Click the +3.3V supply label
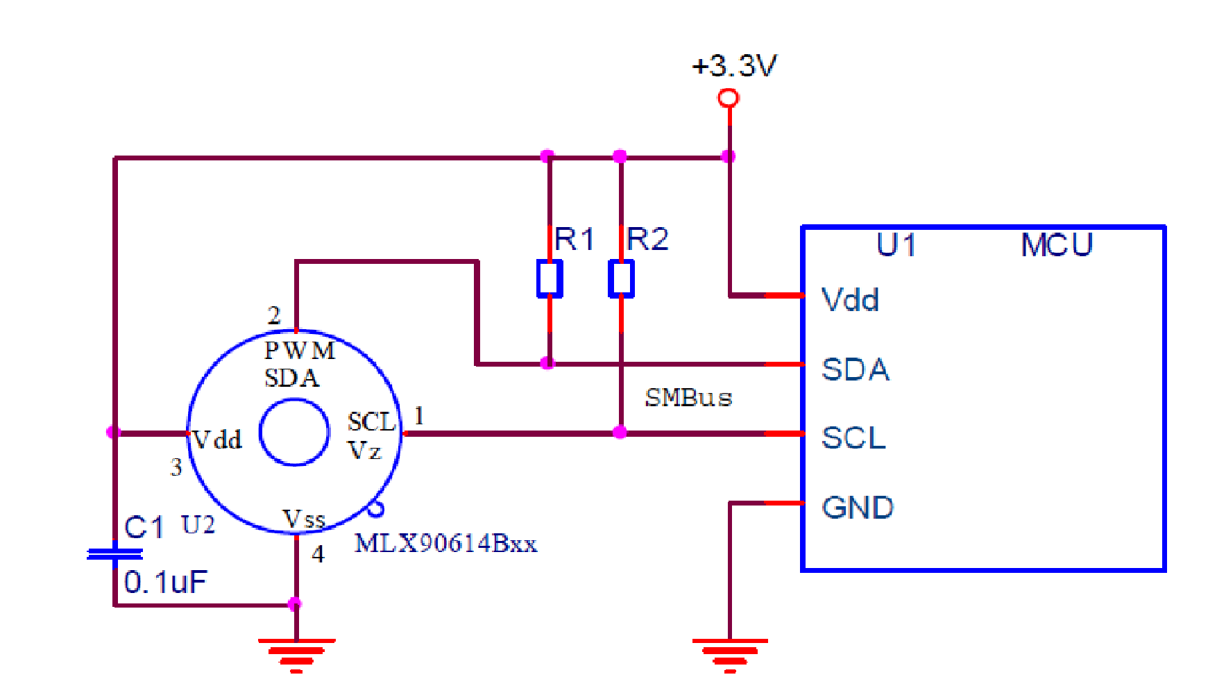[x=734, y=66]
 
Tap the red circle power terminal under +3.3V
[x=729, y=98]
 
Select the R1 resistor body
[x=550, y=278]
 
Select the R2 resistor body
[x=621, y=278]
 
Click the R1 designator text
[x=575, y=240]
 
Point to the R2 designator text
[x=647, y=240]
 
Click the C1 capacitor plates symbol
[x=115, y=554]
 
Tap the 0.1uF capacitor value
[x=166, y=582]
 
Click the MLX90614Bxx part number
[x=446, y=543]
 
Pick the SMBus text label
[x=689, y=398]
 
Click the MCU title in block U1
[x=1057, y=245]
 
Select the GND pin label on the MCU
[x=858, y=508]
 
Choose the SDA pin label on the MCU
[x=856, y=369]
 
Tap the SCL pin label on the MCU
[x=854, y=438]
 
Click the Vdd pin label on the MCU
[x=850, y=300]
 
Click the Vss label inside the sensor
[x=304, y=519]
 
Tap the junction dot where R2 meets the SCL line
[x=620, y=433]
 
